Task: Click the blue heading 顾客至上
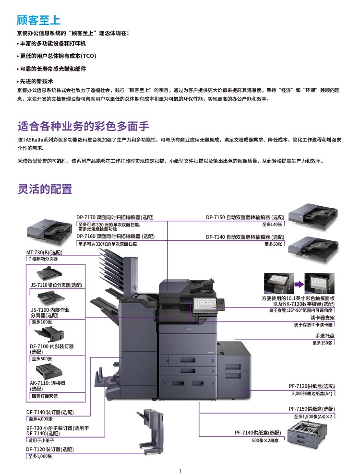click(x=38, y=20)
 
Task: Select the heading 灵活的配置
click(x=45, y=189)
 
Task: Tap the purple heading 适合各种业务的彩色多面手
click(x=84, y=126)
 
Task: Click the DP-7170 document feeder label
click(x=115, y=217)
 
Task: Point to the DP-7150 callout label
click(x=245, y=217)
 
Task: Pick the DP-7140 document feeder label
click(x=245, y=237)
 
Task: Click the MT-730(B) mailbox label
click(x=44, y=252)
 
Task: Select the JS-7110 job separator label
click(x=56, y=285)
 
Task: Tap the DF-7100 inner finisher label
click(x=51, y=349)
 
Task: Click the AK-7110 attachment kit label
click(x=48, y=386)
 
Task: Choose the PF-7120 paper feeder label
click(x=312, y=386)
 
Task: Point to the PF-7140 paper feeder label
click(x=258, y=433)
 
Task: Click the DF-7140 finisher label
click(x=50, y=412)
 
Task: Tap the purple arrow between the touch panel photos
click(x=299, y=284)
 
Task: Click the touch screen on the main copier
click(x=204, y=305)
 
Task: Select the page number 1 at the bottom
click(x=180, y=471)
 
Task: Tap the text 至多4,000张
click(x=41, y=419)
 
